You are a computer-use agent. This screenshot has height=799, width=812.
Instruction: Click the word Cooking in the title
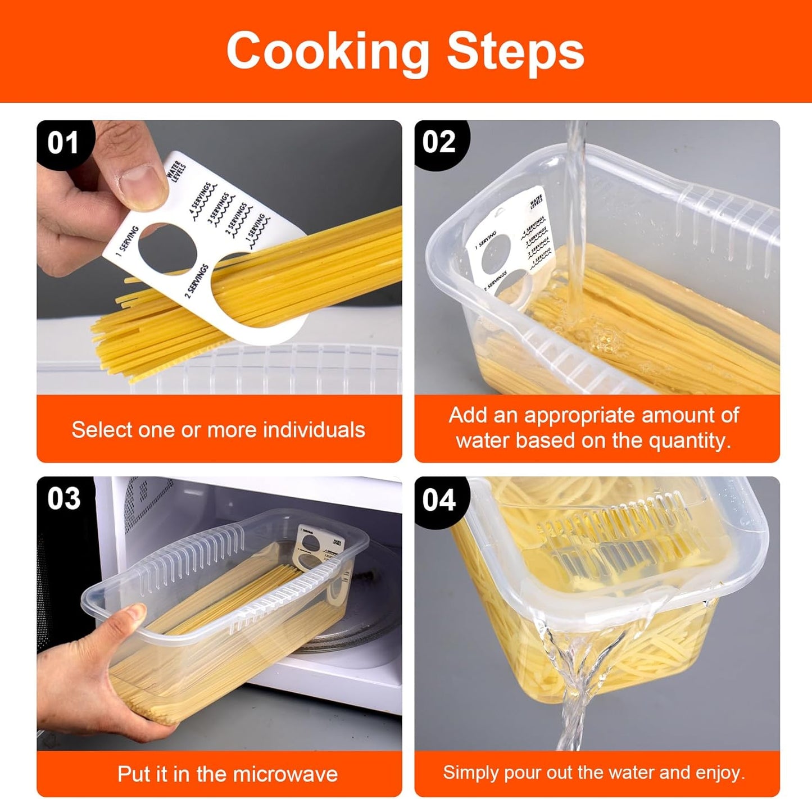(x=327, y=52)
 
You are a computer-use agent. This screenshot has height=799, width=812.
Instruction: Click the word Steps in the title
(x=515, y=52)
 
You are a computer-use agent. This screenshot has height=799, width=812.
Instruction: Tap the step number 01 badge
(x=62, y=143)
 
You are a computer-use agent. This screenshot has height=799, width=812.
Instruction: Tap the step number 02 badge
(x=439, y=142)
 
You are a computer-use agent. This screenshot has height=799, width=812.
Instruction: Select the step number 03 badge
(x=63, y=499)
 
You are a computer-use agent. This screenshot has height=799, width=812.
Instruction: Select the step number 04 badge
(x=439, y=500)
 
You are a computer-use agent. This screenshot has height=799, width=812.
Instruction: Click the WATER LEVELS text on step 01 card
(x=176, y=170)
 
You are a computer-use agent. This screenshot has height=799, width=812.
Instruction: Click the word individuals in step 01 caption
(x=314, y=430)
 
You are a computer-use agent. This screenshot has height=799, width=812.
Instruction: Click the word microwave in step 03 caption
(x=287, y=774)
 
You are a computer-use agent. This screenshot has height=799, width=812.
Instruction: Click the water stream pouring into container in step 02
(x=575, y=225)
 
